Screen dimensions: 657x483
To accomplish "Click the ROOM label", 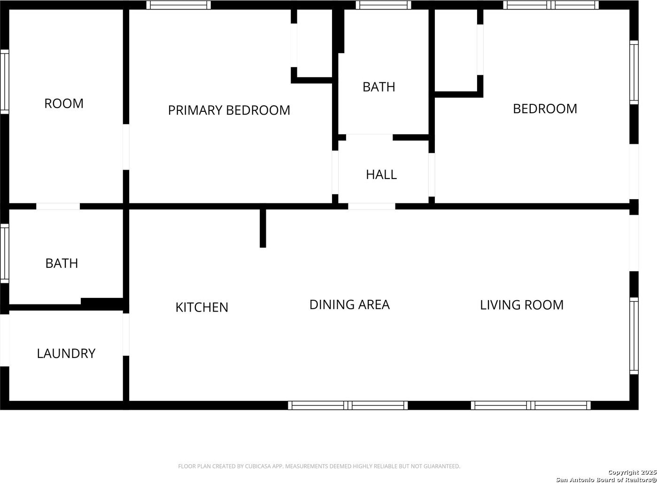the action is (x=64, y=103).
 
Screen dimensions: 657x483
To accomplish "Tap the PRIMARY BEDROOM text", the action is (x=229, y=110).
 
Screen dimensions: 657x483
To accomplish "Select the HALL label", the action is (x=381, y=175).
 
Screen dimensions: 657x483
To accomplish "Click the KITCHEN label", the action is (x=202, y=307).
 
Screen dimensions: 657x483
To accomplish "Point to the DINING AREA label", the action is (x=349, y=304).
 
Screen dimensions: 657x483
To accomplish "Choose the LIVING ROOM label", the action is (x=522, y=305).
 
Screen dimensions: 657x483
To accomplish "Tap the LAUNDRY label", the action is (x=66, y=353).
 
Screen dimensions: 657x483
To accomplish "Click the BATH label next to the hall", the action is (x=379, y=87).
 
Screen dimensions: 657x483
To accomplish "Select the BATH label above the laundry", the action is (x=62, y=263).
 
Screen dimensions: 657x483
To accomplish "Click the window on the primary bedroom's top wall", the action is (x=178, y=5).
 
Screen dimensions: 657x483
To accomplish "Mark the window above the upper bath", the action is (x=383, y=5).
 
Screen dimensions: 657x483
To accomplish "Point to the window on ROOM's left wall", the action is (x=4, y=82).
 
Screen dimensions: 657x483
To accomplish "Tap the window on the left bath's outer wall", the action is (x=4, y=254).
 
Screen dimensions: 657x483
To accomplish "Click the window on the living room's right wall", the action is (x=634, y=336).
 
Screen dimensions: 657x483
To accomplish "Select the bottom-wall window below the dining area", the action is (x=348, y=405).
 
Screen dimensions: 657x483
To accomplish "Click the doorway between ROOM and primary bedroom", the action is (x=126, y=147).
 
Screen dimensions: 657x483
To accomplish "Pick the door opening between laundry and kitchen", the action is (x=126, y=335).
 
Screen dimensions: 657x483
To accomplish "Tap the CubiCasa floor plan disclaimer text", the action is (x=319, y=466).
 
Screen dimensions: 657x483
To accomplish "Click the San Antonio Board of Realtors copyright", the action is (x=606, y=476).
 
